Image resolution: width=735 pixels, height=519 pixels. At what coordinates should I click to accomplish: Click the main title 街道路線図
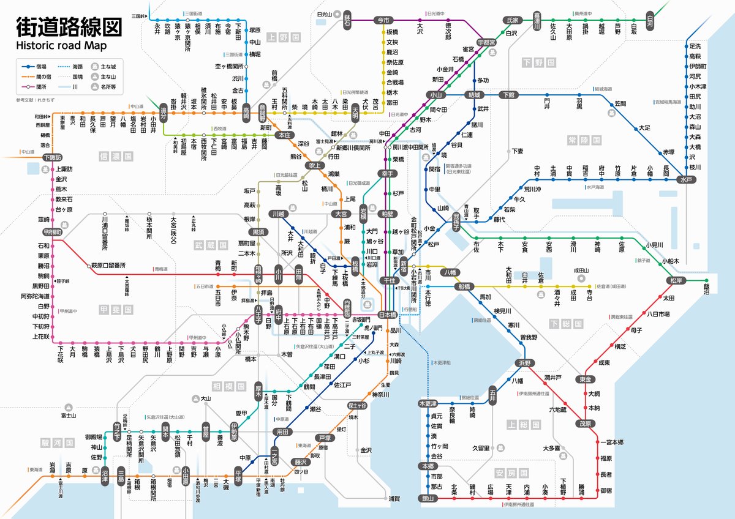(x=68, y=26)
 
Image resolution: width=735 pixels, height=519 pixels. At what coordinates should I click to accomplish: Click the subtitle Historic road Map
(x=61, y=45)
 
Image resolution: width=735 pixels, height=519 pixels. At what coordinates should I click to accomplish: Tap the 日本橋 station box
(x=387, y=315)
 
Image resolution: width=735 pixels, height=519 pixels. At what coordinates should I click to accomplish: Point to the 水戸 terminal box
(x=685, y=180)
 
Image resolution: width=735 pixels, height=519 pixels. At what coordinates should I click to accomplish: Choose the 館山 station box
(x=428, y=498)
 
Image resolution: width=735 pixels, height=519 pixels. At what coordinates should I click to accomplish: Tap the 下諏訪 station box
(x=53, y=157)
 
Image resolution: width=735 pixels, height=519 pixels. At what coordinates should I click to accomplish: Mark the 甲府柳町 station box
(x=53, y=233)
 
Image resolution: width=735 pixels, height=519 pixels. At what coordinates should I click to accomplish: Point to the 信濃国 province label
(x=116, y=157)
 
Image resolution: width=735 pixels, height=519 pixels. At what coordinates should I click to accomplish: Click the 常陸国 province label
(x=582, y=140)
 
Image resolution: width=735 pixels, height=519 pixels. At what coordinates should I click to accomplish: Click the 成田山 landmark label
(x=581, y=270)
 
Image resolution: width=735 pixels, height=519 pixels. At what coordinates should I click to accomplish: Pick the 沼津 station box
(x=105, y=475)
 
